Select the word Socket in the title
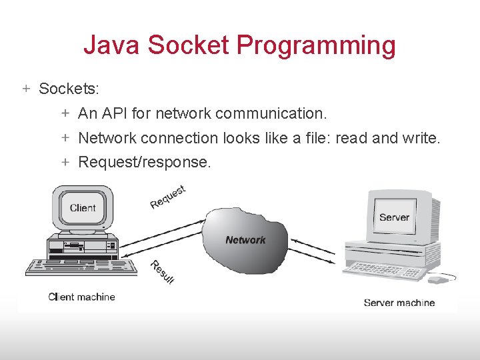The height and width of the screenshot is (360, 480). [189, 46]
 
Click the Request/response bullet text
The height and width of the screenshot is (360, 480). [145, 162]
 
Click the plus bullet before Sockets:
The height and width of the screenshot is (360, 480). [26, 88]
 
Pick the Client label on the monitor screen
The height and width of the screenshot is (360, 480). [83, 208]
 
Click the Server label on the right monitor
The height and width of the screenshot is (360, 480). [394, 217]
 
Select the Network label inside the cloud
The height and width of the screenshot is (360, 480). [245, 240]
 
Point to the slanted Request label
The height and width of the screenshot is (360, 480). [167, 197]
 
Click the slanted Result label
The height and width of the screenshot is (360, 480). [162, 271]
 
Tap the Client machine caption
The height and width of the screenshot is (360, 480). [81, 297]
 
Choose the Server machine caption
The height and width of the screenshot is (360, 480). [399, 303]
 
